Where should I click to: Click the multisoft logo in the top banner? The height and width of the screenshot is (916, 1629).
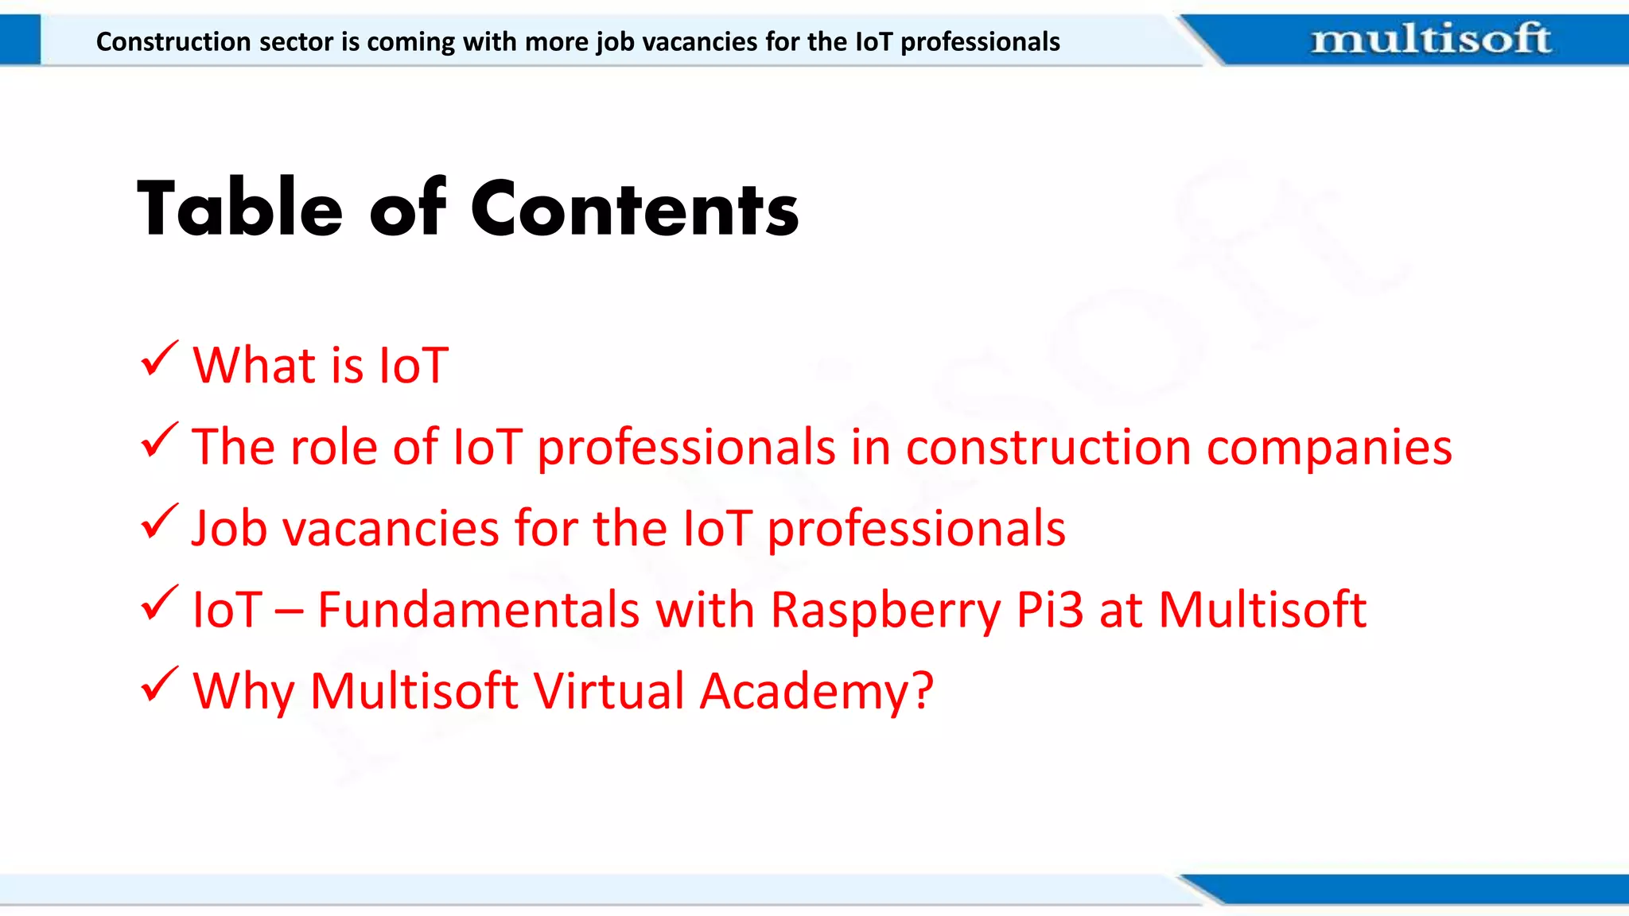pos(1430,39)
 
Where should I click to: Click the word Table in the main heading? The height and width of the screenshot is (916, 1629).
pos(240,208)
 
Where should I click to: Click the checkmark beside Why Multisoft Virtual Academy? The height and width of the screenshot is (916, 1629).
pos(159,685)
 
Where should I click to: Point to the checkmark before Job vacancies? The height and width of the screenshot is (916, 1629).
pos(159,522)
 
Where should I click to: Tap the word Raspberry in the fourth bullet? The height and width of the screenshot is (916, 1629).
pos(885,611)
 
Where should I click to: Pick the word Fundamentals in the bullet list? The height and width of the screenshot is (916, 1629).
pos(479,610)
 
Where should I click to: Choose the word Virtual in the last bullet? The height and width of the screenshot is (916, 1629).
pos(608,690)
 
